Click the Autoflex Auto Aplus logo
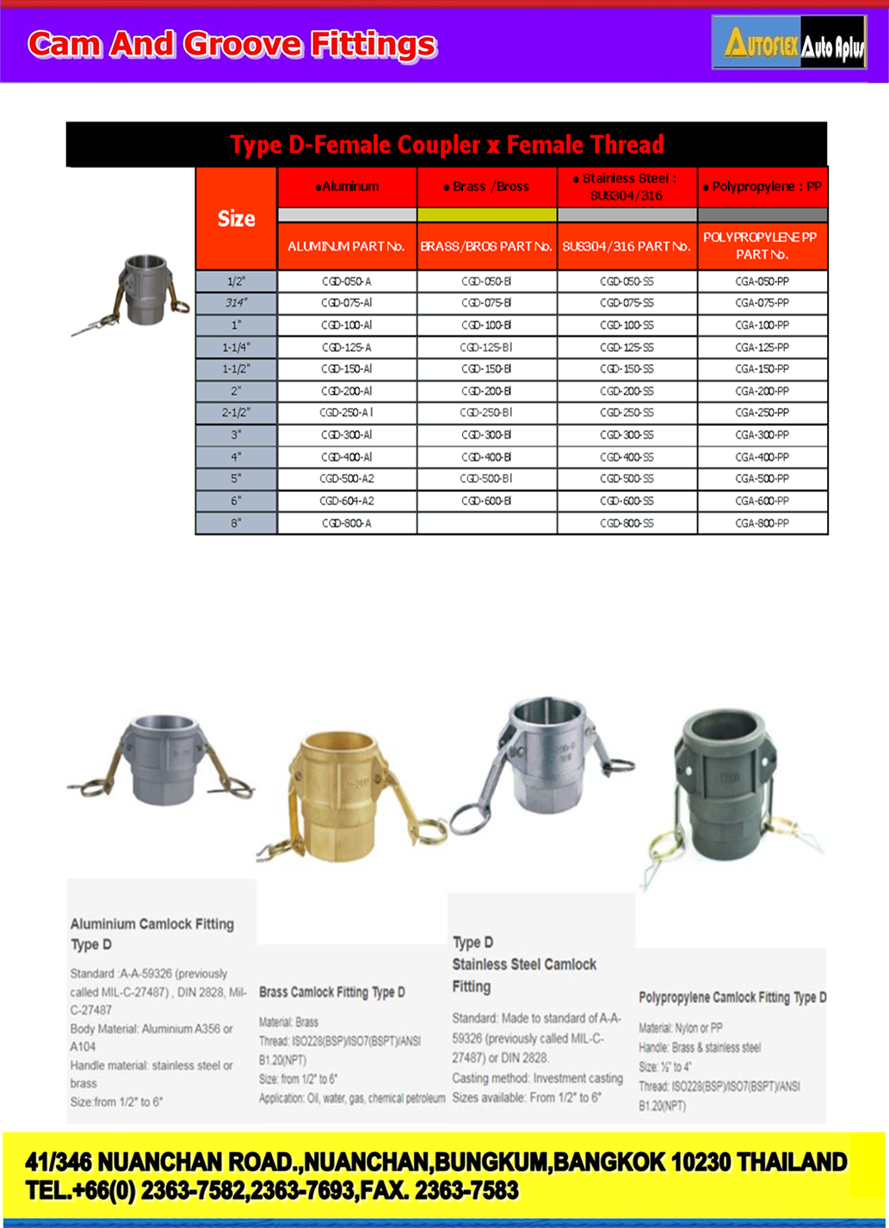point(789,42)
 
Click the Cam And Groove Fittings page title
point(232,44)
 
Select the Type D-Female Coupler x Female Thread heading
point(447,145)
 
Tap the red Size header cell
point(237,219)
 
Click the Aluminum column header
point(348,187)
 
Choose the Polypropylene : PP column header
point(762,187)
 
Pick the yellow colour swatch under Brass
point(487,215)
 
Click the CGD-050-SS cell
point(627,281)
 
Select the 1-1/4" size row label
point(237,348)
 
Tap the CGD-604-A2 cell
point(347,501)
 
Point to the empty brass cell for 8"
point(487,523)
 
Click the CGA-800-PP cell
point(762,523)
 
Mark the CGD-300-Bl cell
point(487,435)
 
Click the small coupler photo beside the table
point(132,293)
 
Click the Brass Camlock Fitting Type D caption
point(332,992)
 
